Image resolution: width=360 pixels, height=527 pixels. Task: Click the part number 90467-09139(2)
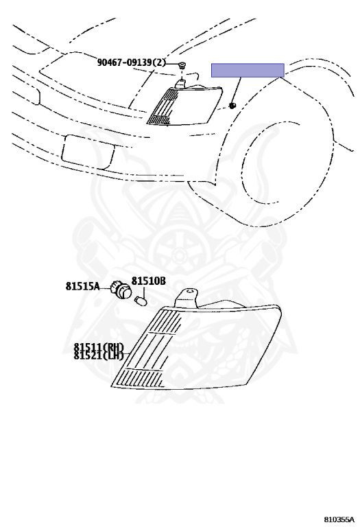coord(132,62)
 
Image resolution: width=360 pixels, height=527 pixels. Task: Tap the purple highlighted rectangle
coord(248,70)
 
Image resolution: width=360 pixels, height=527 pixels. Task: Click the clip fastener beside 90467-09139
coord(182,65)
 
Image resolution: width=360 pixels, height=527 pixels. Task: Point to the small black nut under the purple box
coord(232,106)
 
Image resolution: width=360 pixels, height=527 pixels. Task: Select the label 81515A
coord(82,286)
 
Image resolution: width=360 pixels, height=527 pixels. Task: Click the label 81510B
coord(148,281)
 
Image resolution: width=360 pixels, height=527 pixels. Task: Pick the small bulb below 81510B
coord(140,300)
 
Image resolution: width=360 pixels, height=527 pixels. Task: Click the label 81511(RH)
coord(99,347)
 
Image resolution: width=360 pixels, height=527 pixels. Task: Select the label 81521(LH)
coord(99,355)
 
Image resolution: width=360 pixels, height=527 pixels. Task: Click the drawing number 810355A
coord(339,520)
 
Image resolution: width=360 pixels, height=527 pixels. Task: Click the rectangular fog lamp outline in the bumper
coord(88,152)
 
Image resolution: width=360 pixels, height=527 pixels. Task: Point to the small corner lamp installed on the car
coord(184,106)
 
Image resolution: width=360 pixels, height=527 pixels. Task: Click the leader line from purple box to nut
coord(237,90)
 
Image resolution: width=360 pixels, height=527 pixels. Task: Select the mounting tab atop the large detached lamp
coord(187,298)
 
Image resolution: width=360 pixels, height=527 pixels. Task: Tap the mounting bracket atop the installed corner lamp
coord(181,83)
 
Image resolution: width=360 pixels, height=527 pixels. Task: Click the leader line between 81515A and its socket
coord(106,288)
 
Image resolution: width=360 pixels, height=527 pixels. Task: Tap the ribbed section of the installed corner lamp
coord(163,106)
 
